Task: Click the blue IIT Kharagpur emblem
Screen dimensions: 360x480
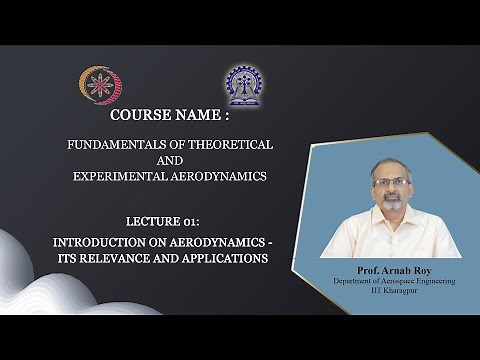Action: pyautogui.click(x=243, y=86)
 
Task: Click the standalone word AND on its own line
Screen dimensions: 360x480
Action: pyautogui.click(x=169, y=160)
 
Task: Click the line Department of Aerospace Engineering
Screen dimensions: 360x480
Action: pyautogui.click(x=393, y=282)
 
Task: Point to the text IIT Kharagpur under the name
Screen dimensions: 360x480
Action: pyautogui.click(x=393, y=292)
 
